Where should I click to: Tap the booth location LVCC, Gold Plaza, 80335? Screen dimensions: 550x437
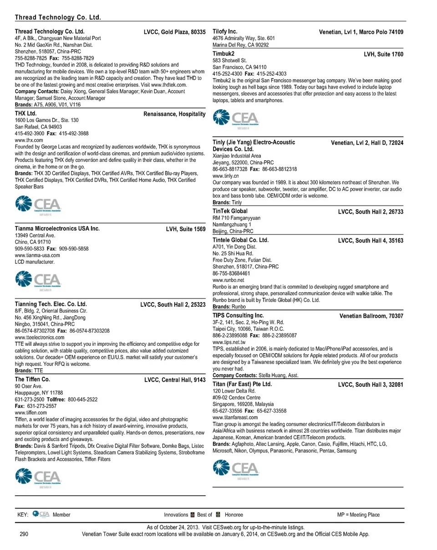(175, 32)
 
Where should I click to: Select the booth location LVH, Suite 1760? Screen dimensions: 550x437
(384, 54)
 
